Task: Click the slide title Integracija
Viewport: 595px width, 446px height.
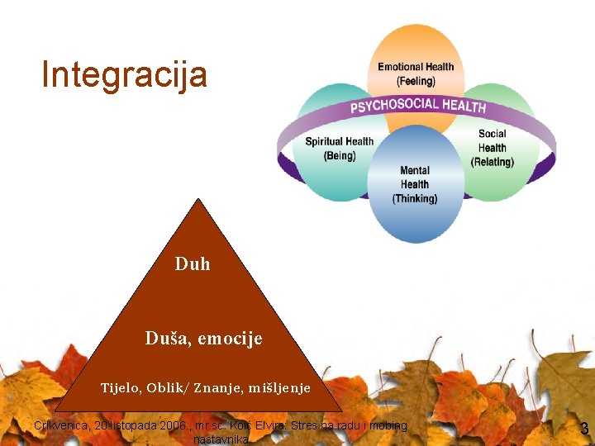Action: (x=124, y=74)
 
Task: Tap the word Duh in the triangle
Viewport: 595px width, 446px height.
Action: (x=193, y=264)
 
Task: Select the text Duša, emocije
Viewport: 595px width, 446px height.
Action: (x=203, y=338)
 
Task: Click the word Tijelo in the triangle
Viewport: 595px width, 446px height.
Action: (x=121, y=387)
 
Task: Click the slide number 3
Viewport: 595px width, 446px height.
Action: (x=584, y=429)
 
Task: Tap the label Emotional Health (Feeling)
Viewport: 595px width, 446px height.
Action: (x=416, y=74)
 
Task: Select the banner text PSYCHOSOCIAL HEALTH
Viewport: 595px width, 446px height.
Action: (x=418, y=106)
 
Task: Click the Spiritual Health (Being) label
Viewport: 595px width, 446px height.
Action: (x=340, y=148)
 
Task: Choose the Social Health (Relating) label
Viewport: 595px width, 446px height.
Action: (x=493, y=148)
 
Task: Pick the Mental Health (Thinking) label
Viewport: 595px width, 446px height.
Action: (x=415, y=184)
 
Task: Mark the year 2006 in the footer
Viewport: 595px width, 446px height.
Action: (x=173, y=426)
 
